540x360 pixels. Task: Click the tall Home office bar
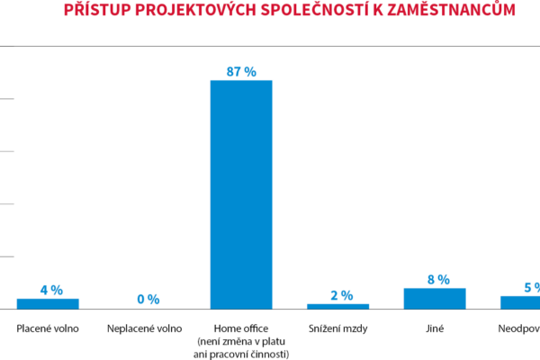tap(241, 194)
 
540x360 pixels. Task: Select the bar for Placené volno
tap(48, 303)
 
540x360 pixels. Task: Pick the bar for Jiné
tap(435, 298)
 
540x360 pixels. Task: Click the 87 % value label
tap(241, 71)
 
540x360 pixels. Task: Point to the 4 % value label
tap(51, 290)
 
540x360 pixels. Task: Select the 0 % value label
tap(148, 299)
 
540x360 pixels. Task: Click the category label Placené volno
tap(48, 328)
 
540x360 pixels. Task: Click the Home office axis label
tap(240, 328)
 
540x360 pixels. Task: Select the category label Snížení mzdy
tap(337, 328)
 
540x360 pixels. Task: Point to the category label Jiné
tap(435, 328)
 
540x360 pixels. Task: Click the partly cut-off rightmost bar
tap(520, 301)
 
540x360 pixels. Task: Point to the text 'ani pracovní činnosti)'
tap(241, 354)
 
